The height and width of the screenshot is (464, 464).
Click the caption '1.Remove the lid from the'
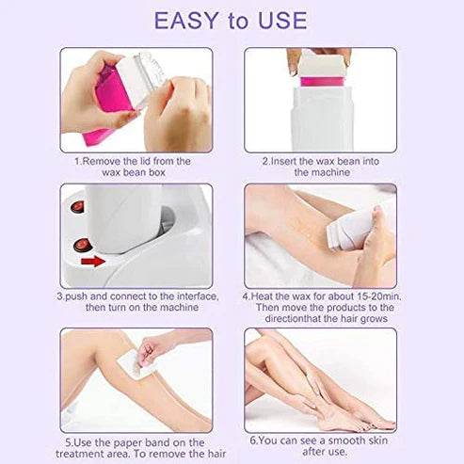[x=133, y=161]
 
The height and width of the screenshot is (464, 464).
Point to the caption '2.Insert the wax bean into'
[x=320, y=161]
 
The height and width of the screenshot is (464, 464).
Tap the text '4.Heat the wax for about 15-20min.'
[x=320, y=296]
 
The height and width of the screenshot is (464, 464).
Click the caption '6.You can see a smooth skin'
[x=320, y=439]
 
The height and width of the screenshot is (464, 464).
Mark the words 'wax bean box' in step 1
[x=133, y=173]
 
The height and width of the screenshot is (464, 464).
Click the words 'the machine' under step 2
[x=320, y=173]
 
